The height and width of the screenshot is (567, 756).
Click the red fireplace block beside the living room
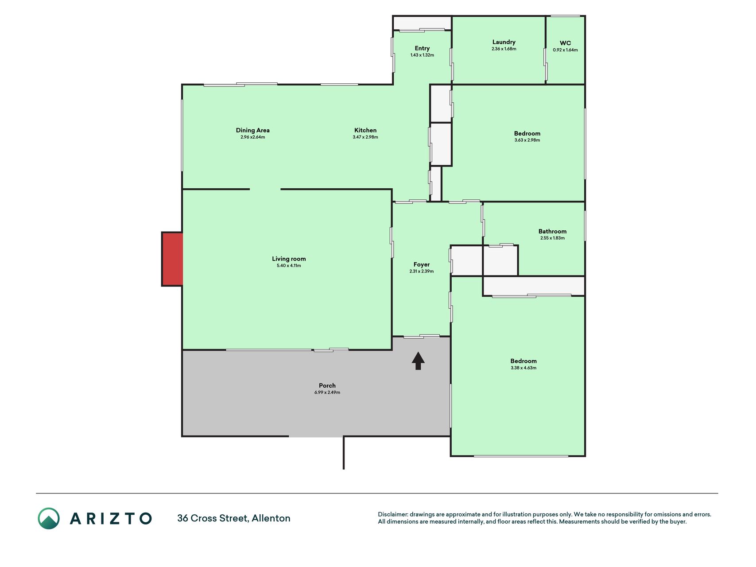173,259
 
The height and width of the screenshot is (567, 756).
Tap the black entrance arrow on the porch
418,361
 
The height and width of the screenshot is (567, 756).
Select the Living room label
289,259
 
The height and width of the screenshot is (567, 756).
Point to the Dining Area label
252,130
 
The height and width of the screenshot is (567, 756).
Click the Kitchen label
365,130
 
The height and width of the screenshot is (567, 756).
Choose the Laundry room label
504,42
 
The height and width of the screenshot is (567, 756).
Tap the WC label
565,43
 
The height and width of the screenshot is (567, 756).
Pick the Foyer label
422,264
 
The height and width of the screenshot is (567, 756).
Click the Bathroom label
552,231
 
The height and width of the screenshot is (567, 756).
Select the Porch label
327,385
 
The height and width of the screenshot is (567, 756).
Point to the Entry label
422,48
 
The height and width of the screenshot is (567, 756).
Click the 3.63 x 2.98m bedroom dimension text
527,140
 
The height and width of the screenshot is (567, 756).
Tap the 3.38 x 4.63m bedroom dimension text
523,368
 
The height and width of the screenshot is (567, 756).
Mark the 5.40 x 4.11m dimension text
289,266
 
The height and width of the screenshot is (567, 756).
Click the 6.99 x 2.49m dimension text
327,392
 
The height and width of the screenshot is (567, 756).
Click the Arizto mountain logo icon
49,518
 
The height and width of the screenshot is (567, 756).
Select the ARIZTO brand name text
111,518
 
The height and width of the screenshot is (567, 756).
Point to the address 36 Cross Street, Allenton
234,518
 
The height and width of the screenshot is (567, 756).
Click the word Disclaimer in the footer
393,514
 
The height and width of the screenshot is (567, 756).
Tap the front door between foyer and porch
421,336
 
